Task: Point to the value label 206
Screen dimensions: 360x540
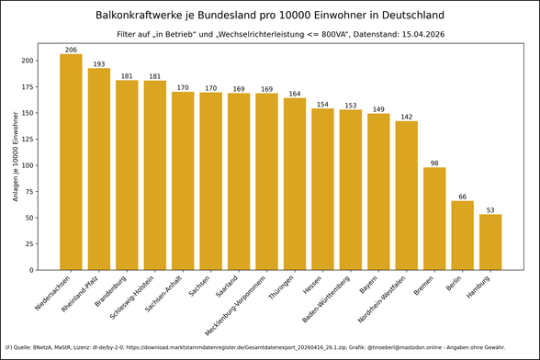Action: tap(71, 50)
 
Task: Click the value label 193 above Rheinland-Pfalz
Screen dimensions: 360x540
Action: tap(99, 63)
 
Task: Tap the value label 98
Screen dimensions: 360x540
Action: tap(434, 163)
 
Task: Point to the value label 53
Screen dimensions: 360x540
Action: tap(490, 210)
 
